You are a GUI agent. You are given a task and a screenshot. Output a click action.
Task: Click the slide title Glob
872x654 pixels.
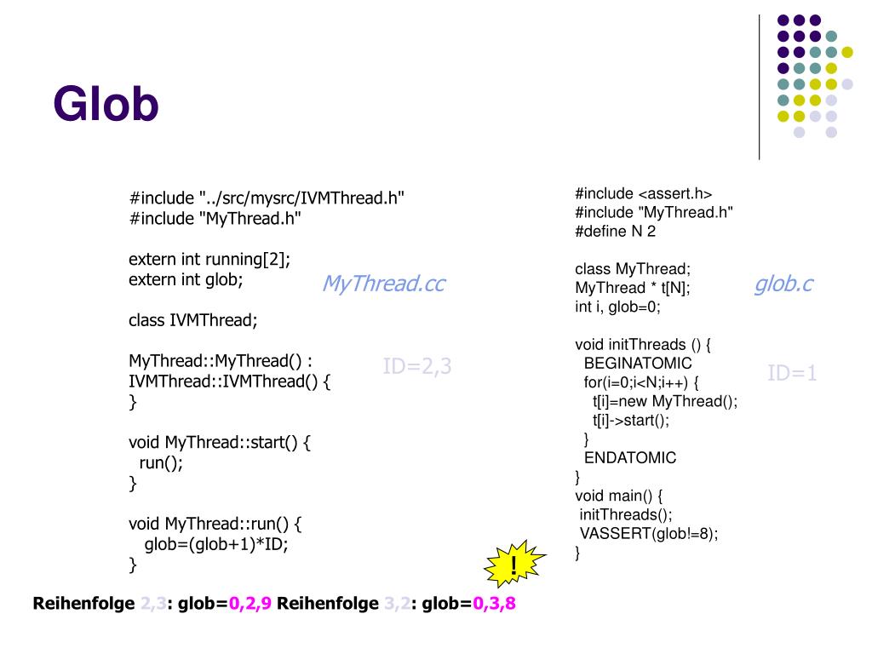[x=106, y=105]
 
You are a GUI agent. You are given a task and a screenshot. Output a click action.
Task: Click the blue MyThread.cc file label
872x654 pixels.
[x=383, y=284]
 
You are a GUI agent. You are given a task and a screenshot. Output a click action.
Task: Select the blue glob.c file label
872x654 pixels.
[x=783, y=284]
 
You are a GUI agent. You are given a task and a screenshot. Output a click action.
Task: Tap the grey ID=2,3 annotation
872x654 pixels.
[x=417, y=367]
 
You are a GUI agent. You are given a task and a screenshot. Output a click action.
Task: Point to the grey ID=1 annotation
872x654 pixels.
[x=792, y=373]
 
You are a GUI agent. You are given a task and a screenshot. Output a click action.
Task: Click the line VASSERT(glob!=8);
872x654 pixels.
[x=649, y=534]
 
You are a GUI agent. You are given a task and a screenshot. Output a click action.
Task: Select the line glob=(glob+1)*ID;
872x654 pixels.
[x=217, y=545]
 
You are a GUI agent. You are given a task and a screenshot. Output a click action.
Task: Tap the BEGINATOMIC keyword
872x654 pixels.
[x=638, y=364]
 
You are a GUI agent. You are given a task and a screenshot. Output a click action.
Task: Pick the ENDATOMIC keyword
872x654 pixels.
[x=630, y=457]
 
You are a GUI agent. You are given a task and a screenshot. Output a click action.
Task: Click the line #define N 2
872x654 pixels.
[x=615, y=231]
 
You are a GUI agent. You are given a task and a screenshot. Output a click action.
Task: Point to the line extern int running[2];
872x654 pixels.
[x=215, y=259]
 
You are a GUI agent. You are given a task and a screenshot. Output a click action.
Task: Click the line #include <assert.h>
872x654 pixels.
[x=643, y=193]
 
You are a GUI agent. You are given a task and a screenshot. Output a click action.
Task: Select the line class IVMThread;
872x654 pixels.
[x=192, y=320]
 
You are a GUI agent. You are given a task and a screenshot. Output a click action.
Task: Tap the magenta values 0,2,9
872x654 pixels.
[x=250, y=605]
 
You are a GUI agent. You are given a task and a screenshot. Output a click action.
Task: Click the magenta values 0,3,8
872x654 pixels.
[x=495, y=605]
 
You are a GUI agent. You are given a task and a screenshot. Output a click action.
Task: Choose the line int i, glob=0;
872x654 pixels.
[x=617, y=307]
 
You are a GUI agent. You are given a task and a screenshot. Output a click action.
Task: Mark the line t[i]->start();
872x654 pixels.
[x=631, y=420]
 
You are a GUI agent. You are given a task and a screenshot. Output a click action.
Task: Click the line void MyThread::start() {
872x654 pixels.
[x=221, y=443]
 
